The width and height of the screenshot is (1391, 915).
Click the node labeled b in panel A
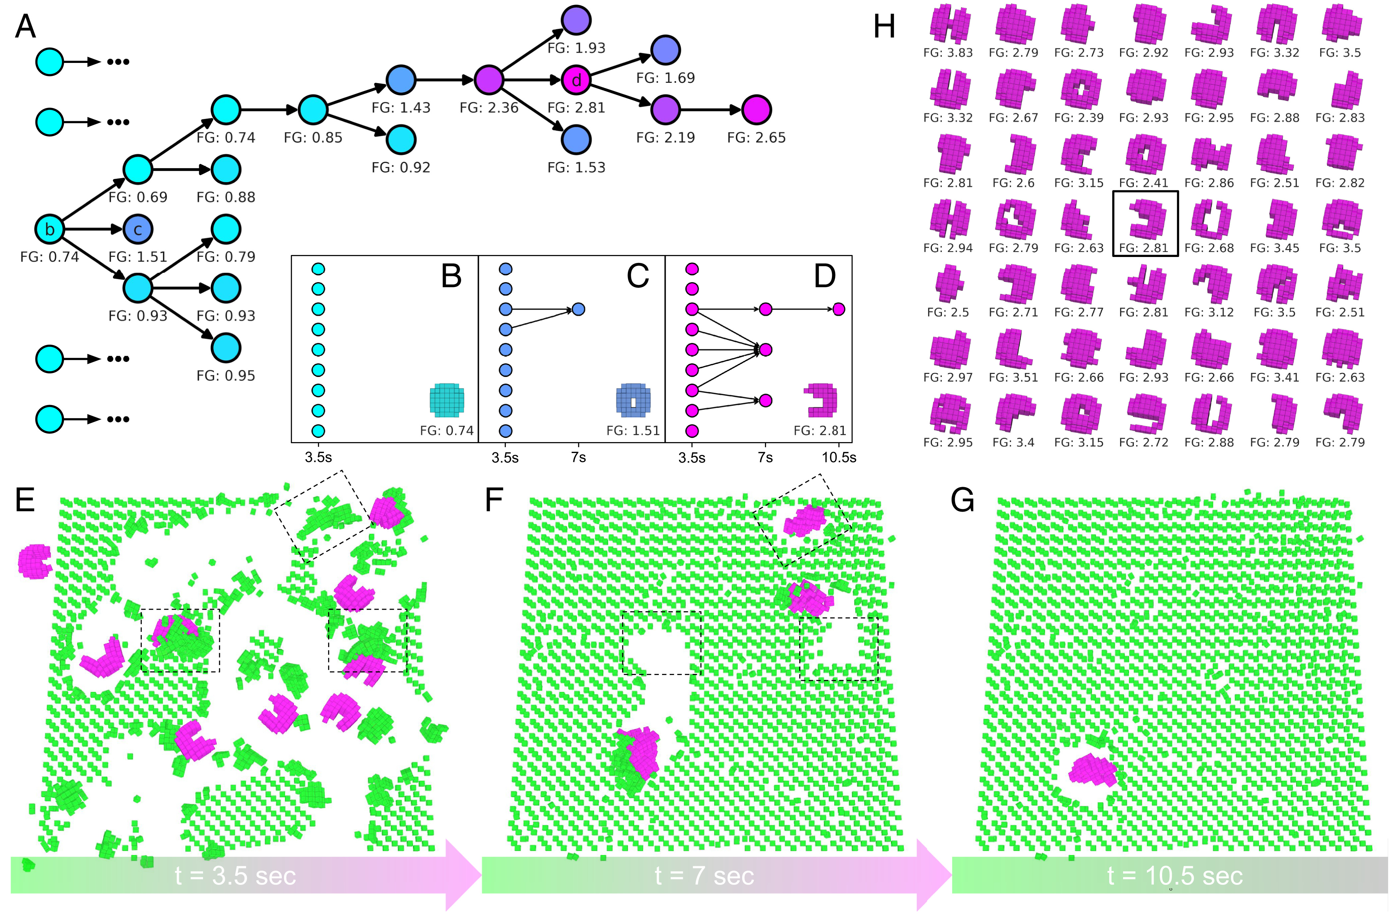coord(50,229)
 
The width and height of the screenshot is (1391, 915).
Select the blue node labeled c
coord(138,229)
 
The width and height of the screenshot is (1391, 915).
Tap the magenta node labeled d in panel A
coord(576,80)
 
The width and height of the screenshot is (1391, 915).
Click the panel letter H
coord(884,27)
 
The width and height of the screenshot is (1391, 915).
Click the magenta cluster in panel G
coord(1092,770)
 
